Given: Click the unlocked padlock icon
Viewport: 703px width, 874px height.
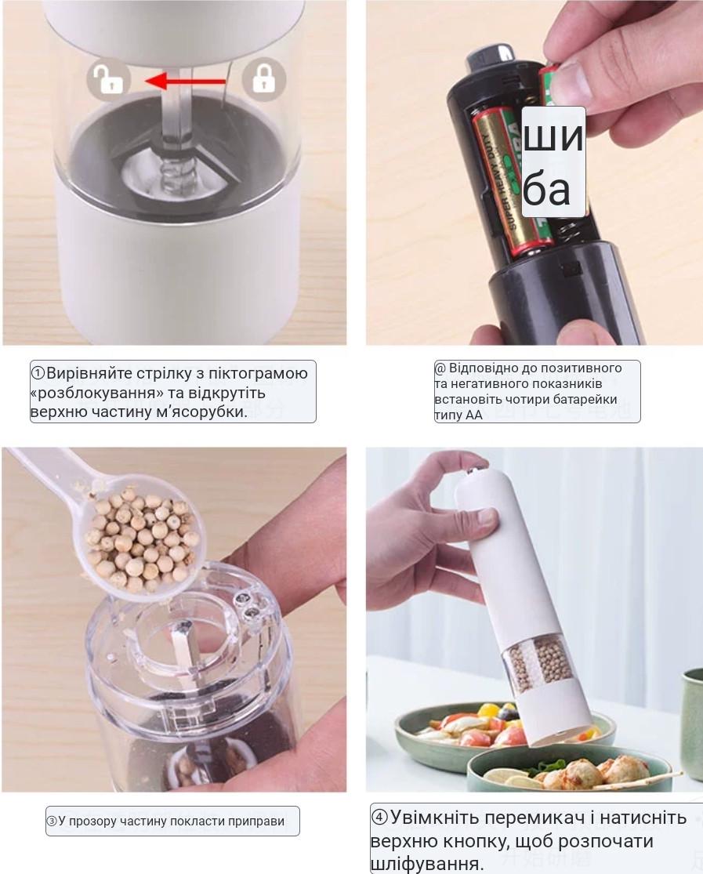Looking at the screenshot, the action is [x=109, y=79].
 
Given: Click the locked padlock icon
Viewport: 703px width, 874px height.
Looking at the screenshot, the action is [x=263, y=79].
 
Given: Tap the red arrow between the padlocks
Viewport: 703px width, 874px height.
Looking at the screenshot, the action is [x=186, y=82].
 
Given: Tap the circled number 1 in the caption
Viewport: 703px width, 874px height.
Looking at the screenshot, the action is [x=38, y=373].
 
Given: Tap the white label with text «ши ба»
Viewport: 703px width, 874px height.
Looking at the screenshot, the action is [x=553, y=162].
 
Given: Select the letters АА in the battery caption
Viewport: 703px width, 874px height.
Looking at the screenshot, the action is [x=474, y=415].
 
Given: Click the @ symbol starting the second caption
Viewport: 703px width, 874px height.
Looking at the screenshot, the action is [x=440, y=368].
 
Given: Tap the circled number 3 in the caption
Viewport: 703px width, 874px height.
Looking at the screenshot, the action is [x=52, y=821].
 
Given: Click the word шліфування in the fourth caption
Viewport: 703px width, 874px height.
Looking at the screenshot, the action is [x=426, y=863].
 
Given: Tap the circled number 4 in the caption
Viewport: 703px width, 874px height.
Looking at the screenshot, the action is [x=379, y=818].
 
